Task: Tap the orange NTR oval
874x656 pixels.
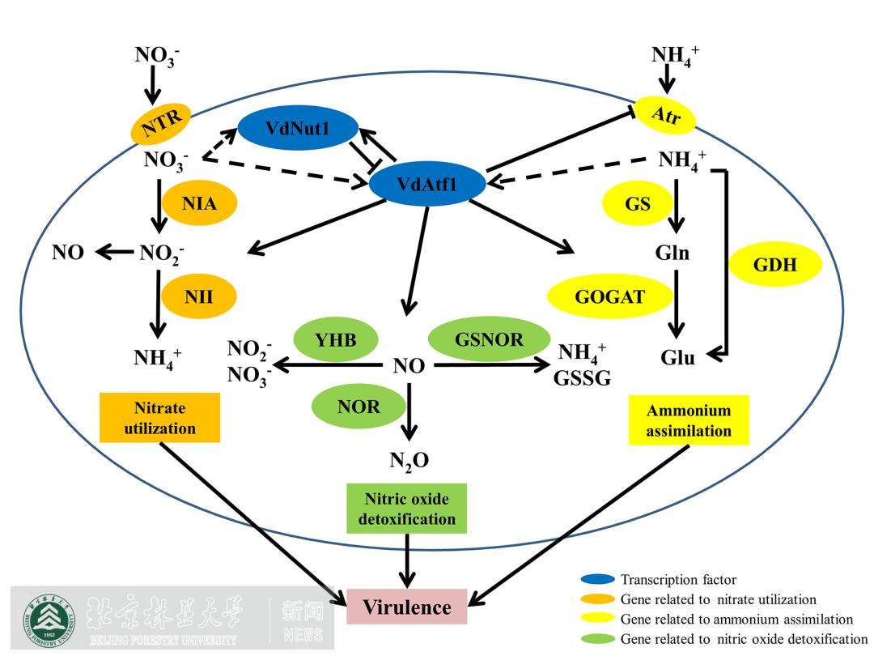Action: coord(163,122)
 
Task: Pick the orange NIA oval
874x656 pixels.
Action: coord(199,203)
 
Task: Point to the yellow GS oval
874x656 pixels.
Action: coord(638,203)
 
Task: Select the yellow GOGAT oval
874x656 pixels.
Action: coord(610,296)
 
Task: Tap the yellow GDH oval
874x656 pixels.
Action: coord(775,264)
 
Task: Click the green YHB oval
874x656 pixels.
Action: coord(336,340)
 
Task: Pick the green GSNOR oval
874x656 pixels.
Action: coord(489,340)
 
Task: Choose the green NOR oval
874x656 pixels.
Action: coord(359,407)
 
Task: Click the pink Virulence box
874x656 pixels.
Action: coord(407,607)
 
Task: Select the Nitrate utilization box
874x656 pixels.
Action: coord(160,419)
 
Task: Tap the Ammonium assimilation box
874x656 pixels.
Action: coord(689,420)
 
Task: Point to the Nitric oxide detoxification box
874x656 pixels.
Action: coord(407,509)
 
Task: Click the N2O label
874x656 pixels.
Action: coord(409,461)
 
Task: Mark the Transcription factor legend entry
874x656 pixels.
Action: coord(678,579)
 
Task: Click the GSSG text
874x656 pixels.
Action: coord(582,378)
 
